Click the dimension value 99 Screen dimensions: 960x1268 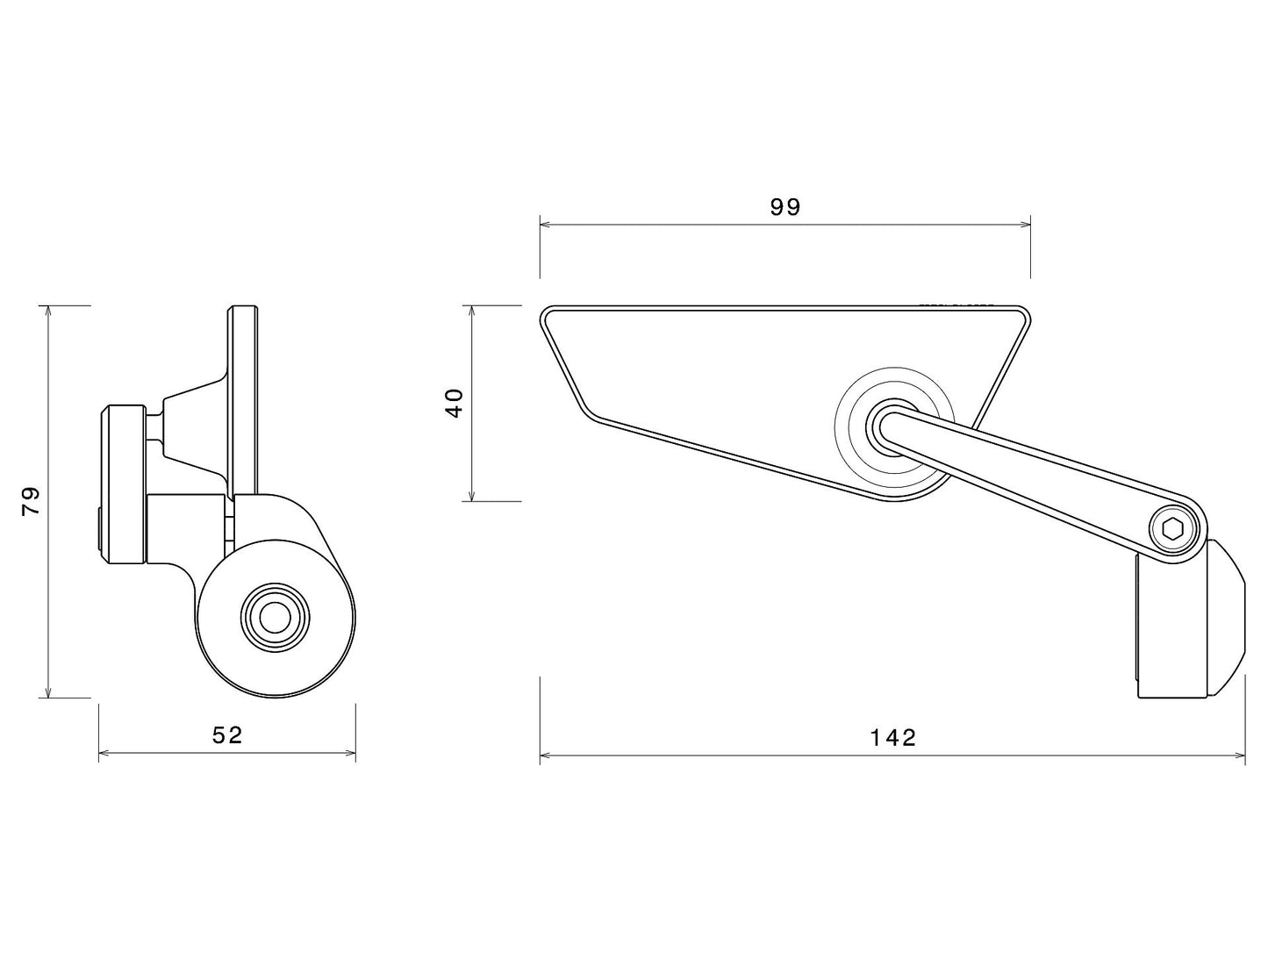(785, 206)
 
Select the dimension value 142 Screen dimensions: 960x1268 (892, 737)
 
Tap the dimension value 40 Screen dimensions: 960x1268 (455, 403)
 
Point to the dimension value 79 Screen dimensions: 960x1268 (32, 501)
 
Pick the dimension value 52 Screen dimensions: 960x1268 (227, 734)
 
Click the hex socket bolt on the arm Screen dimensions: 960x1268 (1173, 529)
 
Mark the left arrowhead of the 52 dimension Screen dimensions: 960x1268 (104, 753)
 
